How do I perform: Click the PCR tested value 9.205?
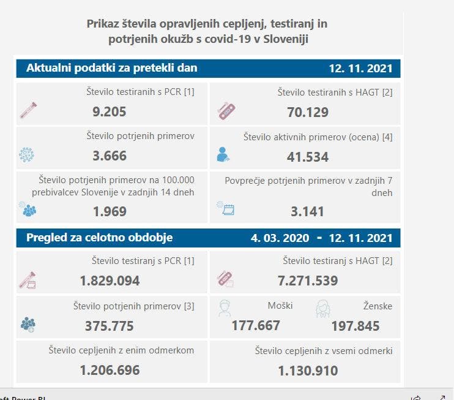[x=110, y=112]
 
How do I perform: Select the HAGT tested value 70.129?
[x=308, y=112]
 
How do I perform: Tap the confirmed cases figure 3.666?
[x=110, y=156]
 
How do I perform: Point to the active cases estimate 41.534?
[x=308, y=156]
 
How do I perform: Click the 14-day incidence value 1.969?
[x=110, y=211]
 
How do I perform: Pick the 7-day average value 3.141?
[x=308, y=211]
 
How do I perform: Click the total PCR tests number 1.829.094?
[x=110, y=281]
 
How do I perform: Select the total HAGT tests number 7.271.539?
[x=308, y=281]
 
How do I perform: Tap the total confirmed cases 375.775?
[x=110, y=326]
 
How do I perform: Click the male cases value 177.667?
[x=256, y=325]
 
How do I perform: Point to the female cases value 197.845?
[x=355, y=325]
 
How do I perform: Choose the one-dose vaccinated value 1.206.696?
[x=110, y=370]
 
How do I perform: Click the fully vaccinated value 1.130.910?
[x=308, y=371]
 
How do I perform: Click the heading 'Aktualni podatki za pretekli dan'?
[x=111, y=68]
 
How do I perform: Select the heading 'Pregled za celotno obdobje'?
[x=99, y=238]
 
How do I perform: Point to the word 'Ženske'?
[x=377, y=306]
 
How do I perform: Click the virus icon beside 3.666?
[x=26, y=155]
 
